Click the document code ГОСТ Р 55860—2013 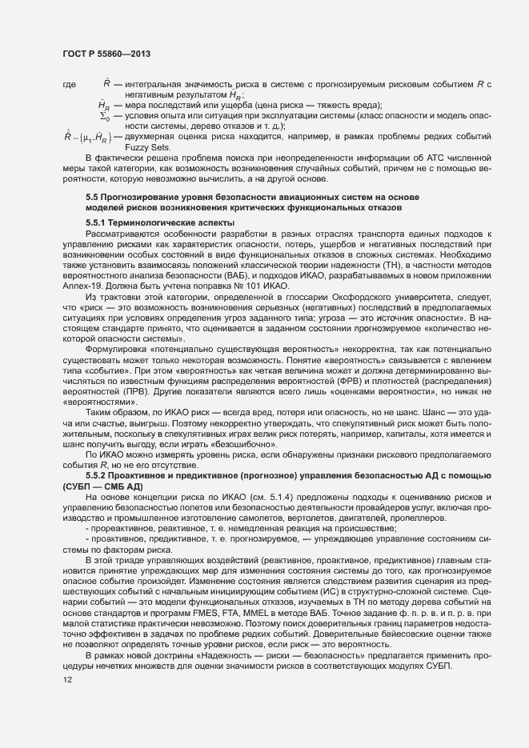pyautogui.click(x=106, y=54)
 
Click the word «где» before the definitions pyautogui.click(x=68, y=84)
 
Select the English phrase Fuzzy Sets pyautogui.click(x=143, y=146)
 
